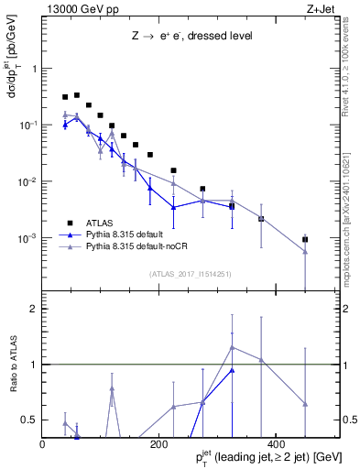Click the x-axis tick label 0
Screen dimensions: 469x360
(43, 444)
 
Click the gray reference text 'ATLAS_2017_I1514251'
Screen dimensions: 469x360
(184, 273)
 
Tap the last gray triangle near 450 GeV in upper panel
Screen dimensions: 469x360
(305, 252)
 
